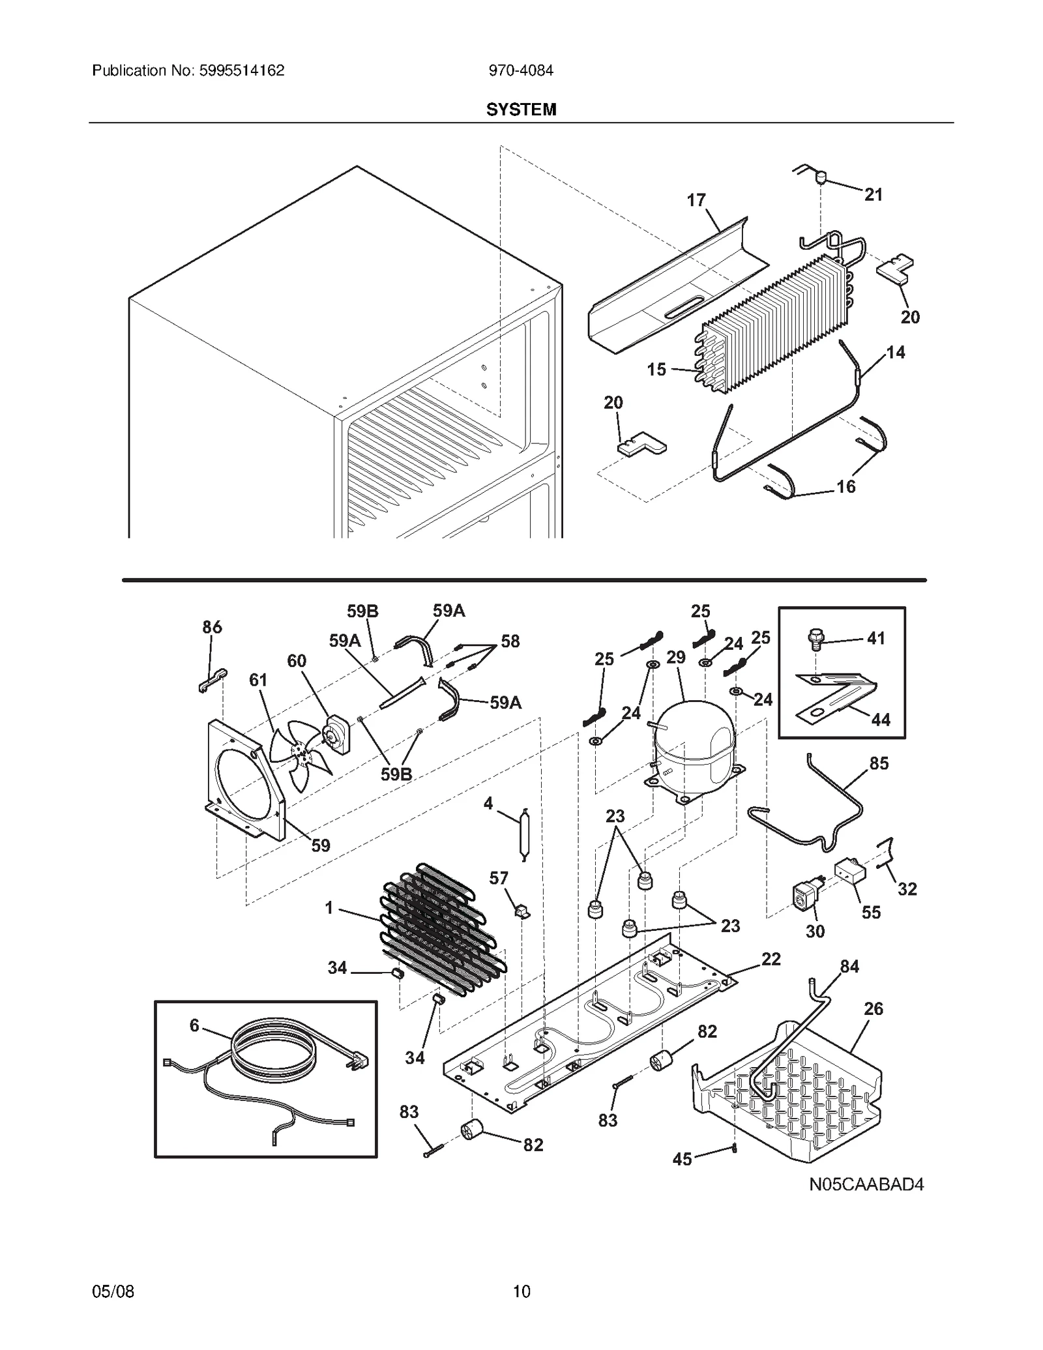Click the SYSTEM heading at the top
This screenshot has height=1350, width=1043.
coord(521,110)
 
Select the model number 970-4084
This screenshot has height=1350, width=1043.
coord(521,70)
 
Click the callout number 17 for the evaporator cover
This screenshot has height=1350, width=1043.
coord(696,200)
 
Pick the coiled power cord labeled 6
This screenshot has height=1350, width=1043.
coord(274,1049)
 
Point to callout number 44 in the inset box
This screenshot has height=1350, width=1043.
coord(880,720)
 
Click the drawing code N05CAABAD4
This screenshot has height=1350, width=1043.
coord(866,1184)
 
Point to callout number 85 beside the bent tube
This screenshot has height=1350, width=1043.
coord(879,763)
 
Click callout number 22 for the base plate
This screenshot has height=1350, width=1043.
coord(771,959)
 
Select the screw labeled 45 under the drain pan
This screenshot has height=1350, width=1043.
coord(735,1149)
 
